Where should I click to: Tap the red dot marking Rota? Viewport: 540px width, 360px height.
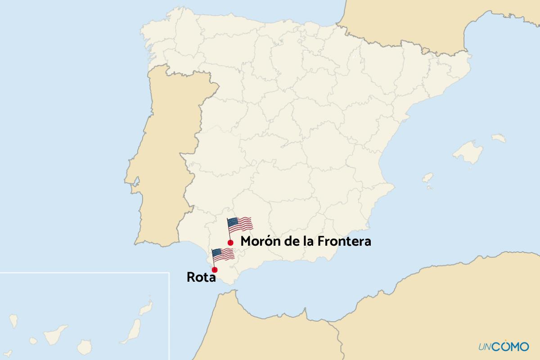coord(215,270)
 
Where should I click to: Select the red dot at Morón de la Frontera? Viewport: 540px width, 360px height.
coord(230,243)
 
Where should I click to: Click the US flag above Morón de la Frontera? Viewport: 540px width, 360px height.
coord(240,224)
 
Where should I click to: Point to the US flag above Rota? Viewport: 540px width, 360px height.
coord(223,255)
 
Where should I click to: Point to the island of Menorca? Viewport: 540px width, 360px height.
coord(499,138)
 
